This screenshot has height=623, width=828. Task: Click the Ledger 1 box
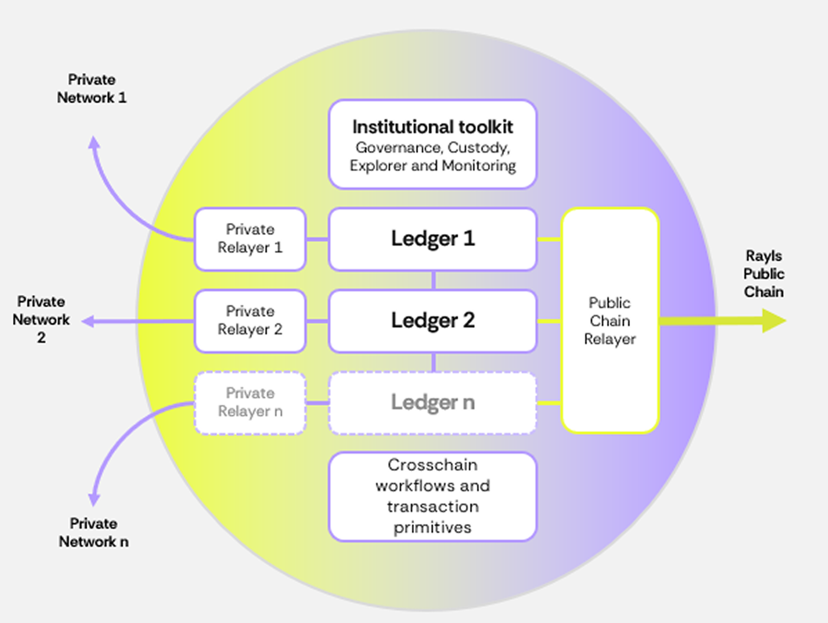[x=432, y=239]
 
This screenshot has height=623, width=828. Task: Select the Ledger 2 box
[x=432, y=320]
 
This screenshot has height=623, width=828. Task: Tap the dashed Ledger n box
[x=432, y=402]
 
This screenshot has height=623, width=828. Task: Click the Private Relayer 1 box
[x=250, y=239]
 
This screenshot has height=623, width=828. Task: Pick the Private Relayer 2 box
[x=250, y=320]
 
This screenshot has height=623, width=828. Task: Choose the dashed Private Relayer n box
[x=250, y=402]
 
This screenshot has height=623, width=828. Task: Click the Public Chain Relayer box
[x=610, y=320]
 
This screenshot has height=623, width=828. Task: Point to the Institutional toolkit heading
[x=432, y=127]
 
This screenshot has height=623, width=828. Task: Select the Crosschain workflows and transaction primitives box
[x=432, y=496]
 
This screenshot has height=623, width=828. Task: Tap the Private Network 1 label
[x=91, y=88]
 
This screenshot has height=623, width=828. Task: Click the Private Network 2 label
[x=41, y=319]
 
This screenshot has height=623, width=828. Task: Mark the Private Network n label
[x=93, y=532]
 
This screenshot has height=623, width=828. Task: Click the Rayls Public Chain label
[x=764, y=274]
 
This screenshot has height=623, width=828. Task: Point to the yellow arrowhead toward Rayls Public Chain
[x=774, y=321]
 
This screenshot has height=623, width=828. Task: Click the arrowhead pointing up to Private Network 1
[x=94, y=142]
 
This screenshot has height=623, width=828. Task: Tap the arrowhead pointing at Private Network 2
[x=88, y=321]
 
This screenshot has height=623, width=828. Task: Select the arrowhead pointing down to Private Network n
[x=94, y=500]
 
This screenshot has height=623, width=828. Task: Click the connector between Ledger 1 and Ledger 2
[x=433, y=280]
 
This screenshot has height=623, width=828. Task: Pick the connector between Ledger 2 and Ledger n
[x=433, y=362]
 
